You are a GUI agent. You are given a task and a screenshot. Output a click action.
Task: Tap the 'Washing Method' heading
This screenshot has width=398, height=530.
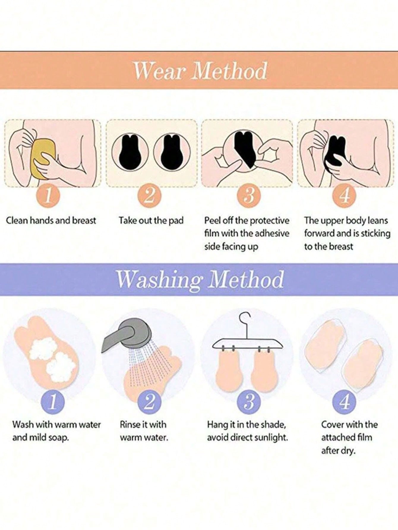200,279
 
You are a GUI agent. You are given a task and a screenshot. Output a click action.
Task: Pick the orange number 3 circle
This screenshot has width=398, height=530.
249,196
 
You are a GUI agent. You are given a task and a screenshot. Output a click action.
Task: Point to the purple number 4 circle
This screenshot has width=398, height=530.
345,402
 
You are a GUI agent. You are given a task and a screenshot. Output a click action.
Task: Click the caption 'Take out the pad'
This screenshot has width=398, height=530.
151,221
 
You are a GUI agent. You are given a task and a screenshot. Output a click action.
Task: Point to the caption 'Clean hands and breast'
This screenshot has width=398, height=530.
51,221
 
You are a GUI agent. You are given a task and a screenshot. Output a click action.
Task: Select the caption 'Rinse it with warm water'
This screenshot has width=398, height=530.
144,431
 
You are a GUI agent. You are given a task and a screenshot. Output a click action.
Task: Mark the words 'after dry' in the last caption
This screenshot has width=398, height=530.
338,451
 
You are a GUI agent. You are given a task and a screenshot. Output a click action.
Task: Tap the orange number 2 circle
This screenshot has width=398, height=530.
149,196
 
